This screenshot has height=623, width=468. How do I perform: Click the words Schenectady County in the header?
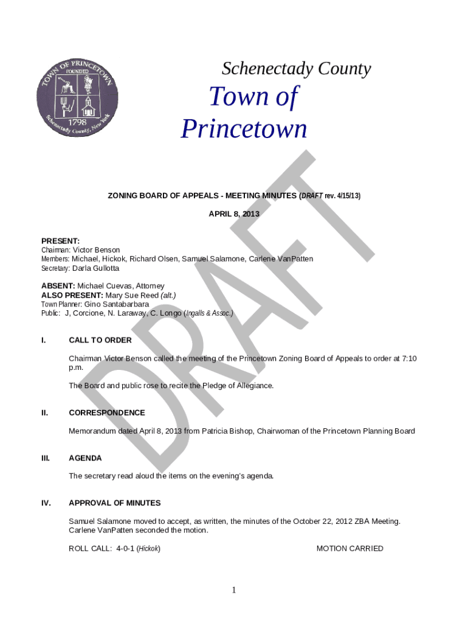tap(296, 69)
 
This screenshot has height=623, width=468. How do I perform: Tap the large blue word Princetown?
tap(244, 130)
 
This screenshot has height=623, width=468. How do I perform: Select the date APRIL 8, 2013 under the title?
tap(234, 214)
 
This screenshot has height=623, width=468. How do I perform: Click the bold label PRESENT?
tap(60, 241)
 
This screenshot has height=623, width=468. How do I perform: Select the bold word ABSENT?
tap(58, 286)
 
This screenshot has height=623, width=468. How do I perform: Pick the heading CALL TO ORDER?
tap(100, 340)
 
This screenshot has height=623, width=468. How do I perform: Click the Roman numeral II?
tap(44, 412)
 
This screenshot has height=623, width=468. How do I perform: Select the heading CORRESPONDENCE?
tap(107, 412)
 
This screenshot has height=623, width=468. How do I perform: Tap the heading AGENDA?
tap(85, 458)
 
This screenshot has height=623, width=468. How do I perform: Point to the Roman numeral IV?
tap(46, 503)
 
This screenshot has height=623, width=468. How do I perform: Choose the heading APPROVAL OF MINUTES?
tap(115, 503)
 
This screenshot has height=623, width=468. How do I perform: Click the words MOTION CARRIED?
tap(349, 549)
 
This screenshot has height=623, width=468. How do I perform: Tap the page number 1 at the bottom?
tap(234, 590)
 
